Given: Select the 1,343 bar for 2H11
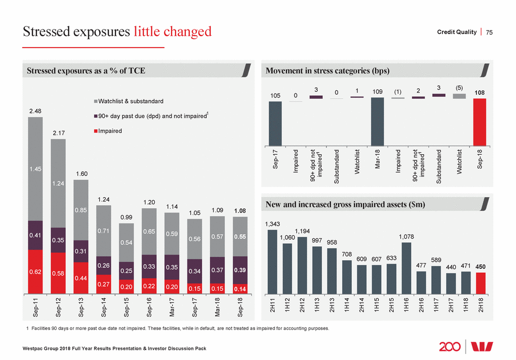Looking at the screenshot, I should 272,262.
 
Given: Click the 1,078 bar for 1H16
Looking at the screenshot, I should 406,269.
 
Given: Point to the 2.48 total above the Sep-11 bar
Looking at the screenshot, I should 36,111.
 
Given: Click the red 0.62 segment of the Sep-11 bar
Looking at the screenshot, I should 36,272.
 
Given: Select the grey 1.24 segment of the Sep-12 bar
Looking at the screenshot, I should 58,183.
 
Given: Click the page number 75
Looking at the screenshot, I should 489,32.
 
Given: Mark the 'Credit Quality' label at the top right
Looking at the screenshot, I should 457,32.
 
